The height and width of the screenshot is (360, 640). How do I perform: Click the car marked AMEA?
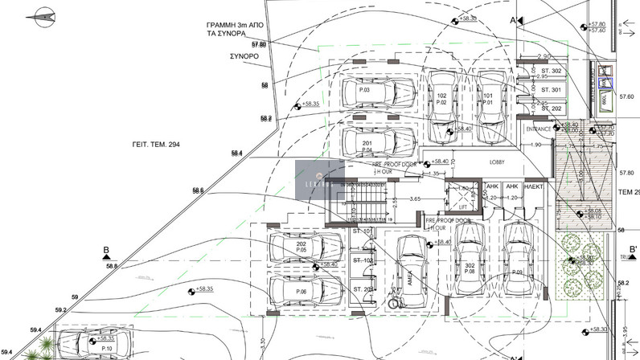(x=410, y=273)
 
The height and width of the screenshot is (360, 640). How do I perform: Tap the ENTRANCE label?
(x=538, y=129)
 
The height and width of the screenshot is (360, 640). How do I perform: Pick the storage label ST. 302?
(x=552, y=72)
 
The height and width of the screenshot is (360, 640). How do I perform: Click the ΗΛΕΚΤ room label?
(x=535, y=186)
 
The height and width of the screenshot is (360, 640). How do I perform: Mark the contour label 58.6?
(x=198, y=190)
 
